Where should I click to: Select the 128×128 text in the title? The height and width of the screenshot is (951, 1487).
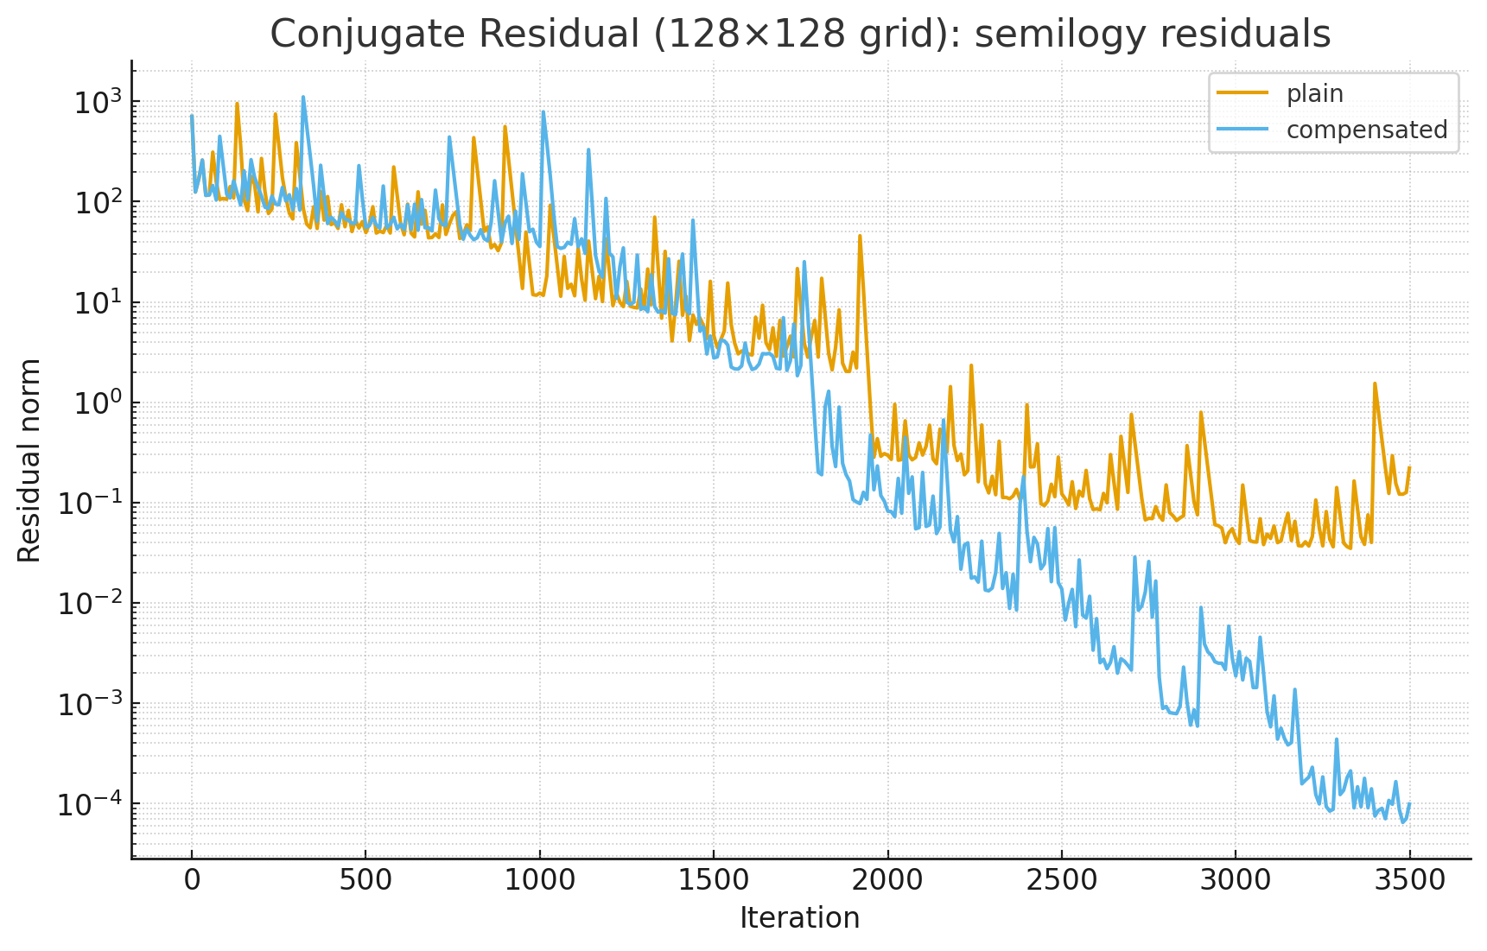[742, 35]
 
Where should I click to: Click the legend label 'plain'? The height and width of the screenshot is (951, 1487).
[1314, 93]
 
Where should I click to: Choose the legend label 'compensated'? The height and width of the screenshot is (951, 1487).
[1366, 130]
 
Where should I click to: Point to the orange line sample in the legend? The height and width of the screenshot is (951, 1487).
[1242, 92]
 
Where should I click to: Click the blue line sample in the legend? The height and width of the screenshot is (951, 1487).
[1242, 129]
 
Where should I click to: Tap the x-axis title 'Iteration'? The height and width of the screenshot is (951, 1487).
[799, 917]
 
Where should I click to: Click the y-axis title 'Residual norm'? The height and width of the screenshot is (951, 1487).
[29, 460]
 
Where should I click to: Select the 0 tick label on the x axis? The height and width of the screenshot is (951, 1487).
[192, 880]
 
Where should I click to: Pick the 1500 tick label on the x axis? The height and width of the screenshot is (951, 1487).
[713, 880]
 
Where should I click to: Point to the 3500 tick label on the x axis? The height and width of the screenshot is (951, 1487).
[1408, 880]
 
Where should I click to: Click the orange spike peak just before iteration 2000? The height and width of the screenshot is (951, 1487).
[860, 235]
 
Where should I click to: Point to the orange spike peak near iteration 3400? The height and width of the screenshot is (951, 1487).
[1375, 384]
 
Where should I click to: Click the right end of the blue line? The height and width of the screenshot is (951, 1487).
[1409, 803]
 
